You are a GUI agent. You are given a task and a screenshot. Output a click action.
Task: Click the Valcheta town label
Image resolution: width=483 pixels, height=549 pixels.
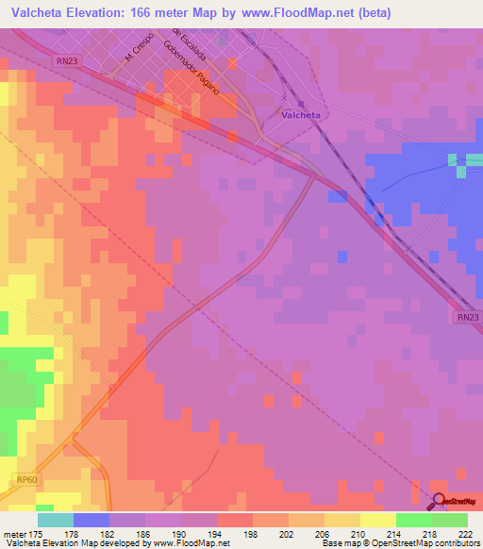point(301,115)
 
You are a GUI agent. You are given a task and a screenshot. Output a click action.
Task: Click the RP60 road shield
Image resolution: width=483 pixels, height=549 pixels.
point(27,479)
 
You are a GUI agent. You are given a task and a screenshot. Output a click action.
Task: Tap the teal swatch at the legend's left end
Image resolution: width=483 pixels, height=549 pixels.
point(56,520)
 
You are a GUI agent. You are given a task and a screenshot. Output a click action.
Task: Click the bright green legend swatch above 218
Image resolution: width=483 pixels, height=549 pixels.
point(414,520)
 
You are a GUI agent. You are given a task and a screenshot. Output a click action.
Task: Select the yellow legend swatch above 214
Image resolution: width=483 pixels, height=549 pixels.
point(378,520)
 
